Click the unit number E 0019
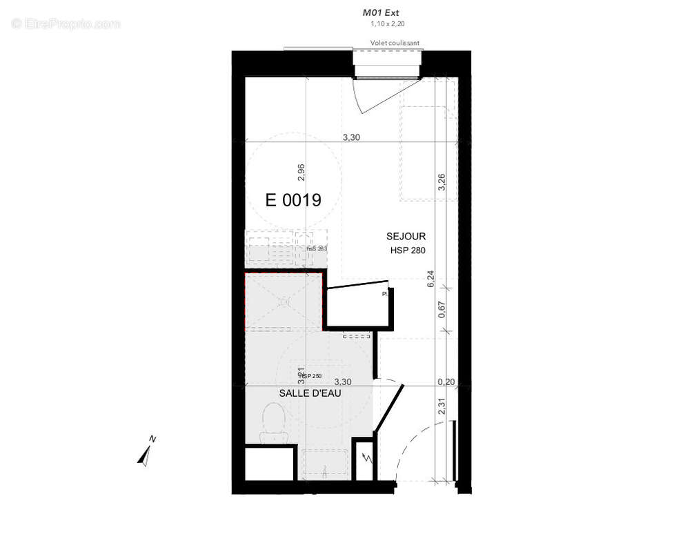coord(293,201)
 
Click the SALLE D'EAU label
coord(310,393)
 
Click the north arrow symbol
coord(146,452)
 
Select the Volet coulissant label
coord(395,43)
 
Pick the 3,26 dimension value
coord(442,181)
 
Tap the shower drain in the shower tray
coord(283,302)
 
